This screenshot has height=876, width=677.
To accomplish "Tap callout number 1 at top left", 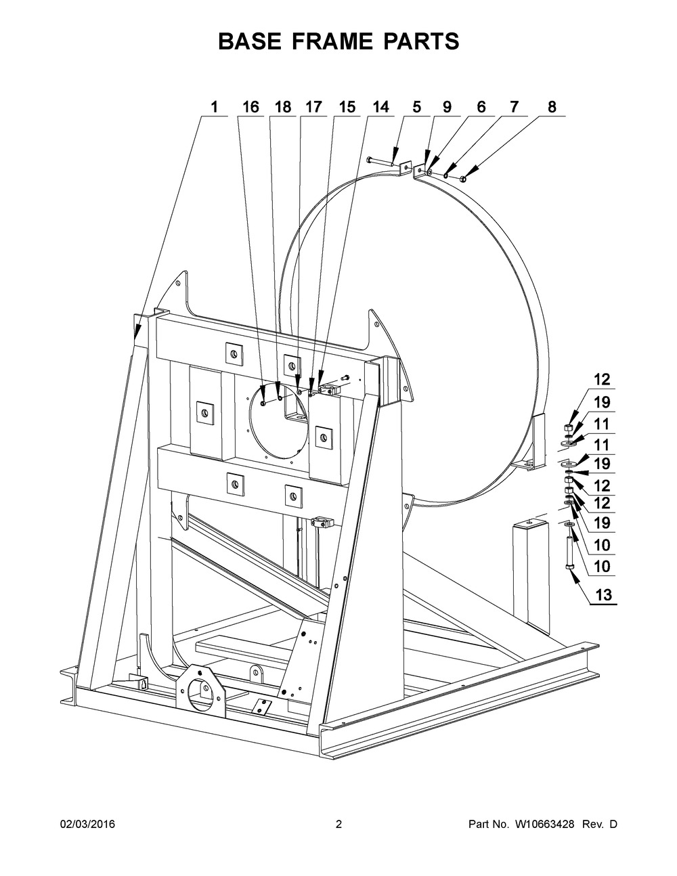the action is [x=215, y=107].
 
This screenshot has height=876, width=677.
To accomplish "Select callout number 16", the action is [x=250, y=107].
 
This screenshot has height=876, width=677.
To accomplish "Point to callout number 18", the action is [x=282, y=107].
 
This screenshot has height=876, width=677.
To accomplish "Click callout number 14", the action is [x=380, y=107].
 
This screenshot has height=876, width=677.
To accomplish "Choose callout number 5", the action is [x=416, y=107].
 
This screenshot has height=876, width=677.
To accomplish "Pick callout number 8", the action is [x=552, y=107].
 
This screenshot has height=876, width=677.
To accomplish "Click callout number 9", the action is [x=447, y=107].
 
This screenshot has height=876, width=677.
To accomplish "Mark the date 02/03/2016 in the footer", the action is [x=87, y=824].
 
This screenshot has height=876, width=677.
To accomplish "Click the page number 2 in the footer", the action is [x=338, y=824].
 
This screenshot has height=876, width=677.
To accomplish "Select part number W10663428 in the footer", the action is [x=543, y=824].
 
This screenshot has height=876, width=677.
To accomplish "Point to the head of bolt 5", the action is [x=370, y=160].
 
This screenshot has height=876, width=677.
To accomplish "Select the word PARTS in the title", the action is [x=420, y=41].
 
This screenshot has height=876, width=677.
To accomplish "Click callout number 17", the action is [x=313, y=107].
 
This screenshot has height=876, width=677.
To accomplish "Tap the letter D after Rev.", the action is [x=613, y=824].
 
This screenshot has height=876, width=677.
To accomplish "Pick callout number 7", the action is [x=514, y=107].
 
